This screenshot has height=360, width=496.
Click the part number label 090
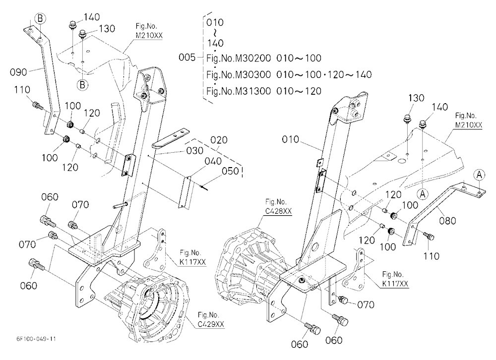point(18,72)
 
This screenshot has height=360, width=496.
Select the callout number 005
point(187,58)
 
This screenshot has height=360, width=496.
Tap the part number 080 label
point(447,220)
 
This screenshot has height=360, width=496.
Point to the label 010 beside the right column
point(290,139)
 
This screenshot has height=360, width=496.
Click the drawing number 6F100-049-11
point(36,339)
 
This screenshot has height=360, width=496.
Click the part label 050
point(230,171)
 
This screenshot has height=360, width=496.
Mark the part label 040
point(213,161)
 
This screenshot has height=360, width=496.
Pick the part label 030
point(194,150)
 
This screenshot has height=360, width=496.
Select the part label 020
point(219,140)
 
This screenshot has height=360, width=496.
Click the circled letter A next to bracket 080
point(479,175)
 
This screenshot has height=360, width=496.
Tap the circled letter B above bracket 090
point(40,18)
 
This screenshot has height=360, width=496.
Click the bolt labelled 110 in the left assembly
point(37,105)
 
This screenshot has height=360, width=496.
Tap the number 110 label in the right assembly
point(432,255)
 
